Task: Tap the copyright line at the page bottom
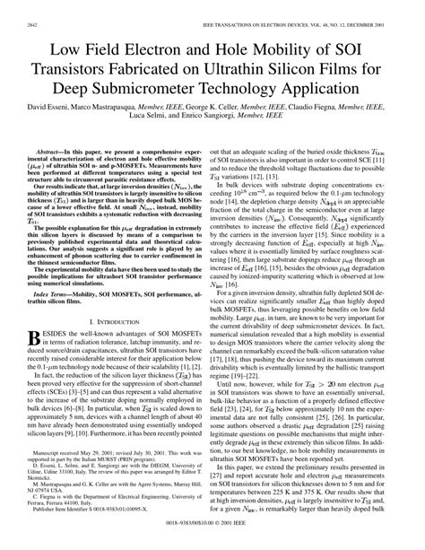(x=212, y=542)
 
